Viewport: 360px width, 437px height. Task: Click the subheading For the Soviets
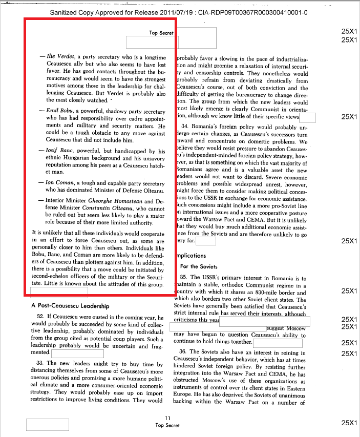[199, 266]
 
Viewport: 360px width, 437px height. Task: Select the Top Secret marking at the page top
[161, 33]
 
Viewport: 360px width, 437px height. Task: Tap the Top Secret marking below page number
[167, 425]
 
